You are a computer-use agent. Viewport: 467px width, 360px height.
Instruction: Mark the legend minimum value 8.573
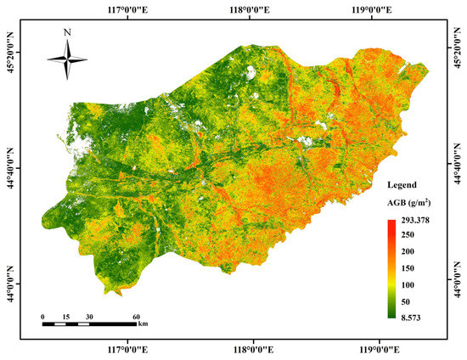coord(414,317)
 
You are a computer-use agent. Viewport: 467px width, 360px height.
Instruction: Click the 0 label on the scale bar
coord(43,317)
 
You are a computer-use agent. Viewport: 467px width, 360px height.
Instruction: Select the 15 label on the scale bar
coord(67,317)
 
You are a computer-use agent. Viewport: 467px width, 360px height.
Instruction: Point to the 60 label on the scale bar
coord(135,317)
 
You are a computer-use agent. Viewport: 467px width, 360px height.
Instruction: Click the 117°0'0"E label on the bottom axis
coord(127,349)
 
